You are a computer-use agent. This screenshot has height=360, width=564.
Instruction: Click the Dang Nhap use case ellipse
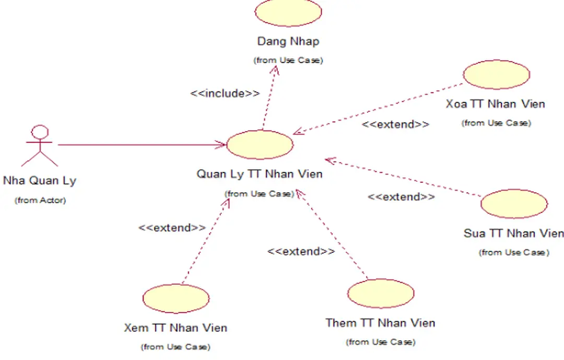click(288, 13)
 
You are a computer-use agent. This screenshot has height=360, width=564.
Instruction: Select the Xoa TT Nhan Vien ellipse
click(496, 74)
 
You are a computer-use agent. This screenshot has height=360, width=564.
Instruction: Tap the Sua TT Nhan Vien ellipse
click(513, 204)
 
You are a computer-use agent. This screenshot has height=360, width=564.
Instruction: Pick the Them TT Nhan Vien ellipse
click(381, 293)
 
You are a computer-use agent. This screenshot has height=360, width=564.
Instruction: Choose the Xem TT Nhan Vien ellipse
click(175, 298)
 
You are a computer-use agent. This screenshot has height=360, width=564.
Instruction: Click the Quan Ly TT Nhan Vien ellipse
click(260, 145)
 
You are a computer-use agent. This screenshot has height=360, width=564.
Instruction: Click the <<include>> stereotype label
click(225, 94)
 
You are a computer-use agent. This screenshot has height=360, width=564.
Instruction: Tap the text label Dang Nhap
click(288, 41)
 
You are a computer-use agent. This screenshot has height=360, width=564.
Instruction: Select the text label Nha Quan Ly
click(40, 181)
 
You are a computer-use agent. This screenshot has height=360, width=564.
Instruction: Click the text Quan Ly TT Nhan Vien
click(260, 173)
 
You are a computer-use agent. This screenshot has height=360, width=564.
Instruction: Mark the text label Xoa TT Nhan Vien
click(495, 104)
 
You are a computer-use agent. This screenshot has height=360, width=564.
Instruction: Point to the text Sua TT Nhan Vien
click(513, 233)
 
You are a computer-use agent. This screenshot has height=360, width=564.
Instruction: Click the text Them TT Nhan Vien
click(380, 323)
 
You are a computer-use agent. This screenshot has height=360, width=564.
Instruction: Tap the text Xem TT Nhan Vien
click(175, 328)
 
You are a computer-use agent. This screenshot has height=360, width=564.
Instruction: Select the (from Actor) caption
click(40, 200)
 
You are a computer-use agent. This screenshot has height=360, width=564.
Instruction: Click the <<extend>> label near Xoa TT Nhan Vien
click(395, 124)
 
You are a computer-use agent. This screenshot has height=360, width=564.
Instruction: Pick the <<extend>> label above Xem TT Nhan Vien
click(172, 228)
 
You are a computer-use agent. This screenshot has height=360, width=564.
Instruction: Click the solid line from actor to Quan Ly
click(141, 145)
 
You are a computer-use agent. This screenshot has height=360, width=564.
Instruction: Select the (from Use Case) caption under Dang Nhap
click(288, 60)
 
